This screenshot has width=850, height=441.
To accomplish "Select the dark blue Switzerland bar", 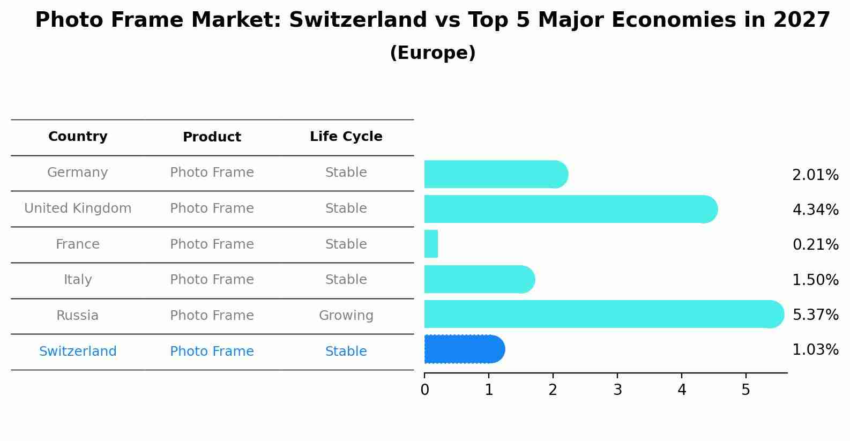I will point(464,349).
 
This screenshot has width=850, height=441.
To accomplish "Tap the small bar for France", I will point(431,244).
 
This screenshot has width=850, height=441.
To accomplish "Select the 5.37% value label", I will point(815,315).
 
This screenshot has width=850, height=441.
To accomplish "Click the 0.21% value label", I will point(815,245).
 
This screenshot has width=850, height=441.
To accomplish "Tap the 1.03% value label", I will point(815,350).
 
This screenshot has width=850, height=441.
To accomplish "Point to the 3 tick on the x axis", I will point(617,390).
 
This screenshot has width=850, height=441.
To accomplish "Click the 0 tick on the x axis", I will point(424,390).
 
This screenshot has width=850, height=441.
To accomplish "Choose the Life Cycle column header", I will point(346,137).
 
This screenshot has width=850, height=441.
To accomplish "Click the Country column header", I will point(78,137).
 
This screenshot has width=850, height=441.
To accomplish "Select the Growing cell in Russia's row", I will point(346,316).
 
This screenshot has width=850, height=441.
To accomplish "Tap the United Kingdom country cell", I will point(78,208).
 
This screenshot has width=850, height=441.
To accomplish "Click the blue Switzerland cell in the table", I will point(78,352).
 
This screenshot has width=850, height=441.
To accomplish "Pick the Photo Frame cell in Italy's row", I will point(212,280).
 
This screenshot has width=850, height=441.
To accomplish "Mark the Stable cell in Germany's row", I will point(346,173).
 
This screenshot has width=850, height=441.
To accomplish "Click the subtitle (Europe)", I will point(433,53).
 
